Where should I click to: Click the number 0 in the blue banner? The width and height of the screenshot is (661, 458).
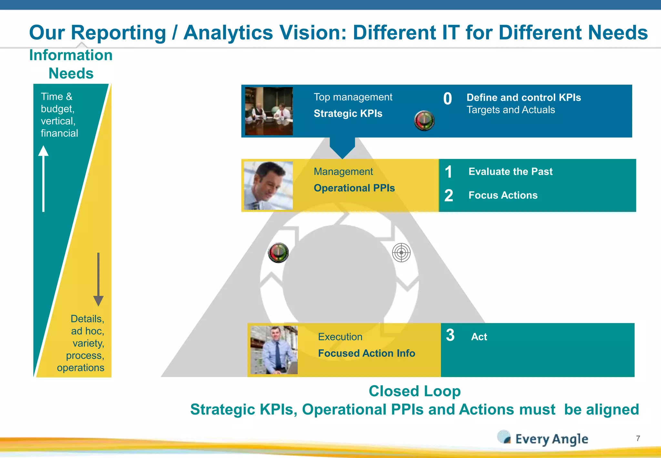pyautogui.click(x=447, y=99)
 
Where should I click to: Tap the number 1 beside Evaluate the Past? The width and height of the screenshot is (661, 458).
pyautogui.click(x=448, y=172)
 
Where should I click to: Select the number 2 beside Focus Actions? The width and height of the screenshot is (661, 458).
pyautogui.click(x=449, y=196)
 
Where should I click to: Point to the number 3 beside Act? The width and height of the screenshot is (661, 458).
pyautogui.click(x=450, y=335)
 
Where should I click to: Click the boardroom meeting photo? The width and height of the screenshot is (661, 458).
pyautogui.click(x=269, y=111)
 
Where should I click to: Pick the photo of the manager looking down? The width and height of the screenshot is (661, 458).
pyautogui.click(x=268, y=186)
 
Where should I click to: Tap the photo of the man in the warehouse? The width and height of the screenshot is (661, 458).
pyautogui.click(x=274, y=350)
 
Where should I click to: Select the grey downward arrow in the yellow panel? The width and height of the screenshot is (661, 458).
pyautogui.click(x=98, y=279)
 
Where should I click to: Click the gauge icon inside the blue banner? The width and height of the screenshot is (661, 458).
pyautogui.click(x=424, y=121)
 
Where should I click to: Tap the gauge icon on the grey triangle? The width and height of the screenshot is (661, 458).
pyautogui.click(x=278, y=253)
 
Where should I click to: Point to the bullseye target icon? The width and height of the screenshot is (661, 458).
pyautogui.click(x=401, y=253)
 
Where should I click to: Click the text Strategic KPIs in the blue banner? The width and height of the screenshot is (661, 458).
pyautogui.click(x=348, y=114)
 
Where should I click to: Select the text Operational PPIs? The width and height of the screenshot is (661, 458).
pyautogui.click(x=354, y=188)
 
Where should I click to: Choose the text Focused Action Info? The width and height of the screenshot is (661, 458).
pyautogui.click(x=366, y=353)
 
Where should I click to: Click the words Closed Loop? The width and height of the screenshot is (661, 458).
pyautogui.click(x=414, y=391)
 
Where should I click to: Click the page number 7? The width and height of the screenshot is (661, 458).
pyautogui.click(x=638, y=438)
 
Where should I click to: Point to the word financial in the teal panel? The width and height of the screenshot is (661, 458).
pyautogui.click(x=59, y=133)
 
